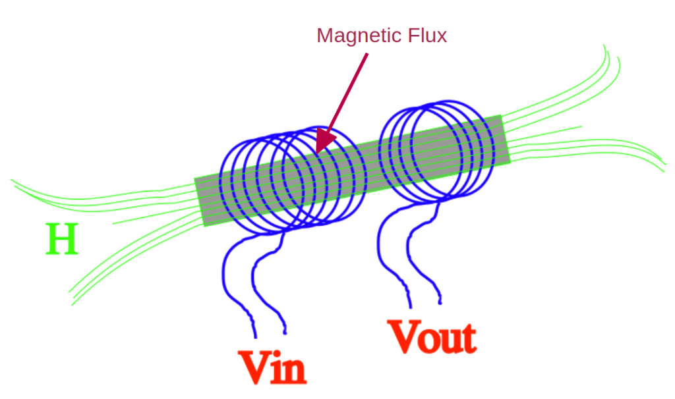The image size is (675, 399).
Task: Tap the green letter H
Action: (62, 240)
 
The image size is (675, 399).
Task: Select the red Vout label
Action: (432, 337)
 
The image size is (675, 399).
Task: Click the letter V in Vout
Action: (403, 336)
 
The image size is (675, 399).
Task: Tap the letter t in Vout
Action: (467, 338)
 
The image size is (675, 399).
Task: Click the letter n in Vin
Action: (295, 371)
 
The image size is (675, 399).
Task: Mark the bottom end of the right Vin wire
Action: (285, 332)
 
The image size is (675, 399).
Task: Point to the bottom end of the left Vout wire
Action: (410, 307)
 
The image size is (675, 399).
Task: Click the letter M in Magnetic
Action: (324, 36)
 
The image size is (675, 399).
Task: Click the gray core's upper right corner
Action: (502, 117)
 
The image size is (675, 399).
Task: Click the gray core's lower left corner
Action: (204, 226)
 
